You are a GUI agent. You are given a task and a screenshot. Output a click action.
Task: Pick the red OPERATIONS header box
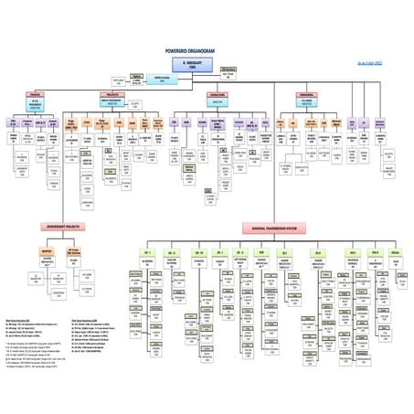point(216,93)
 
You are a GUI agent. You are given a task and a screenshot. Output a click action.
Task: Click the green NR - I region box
point(147,252)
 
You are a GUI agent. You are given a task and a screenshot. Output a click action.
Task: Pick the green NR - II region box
point(172,252)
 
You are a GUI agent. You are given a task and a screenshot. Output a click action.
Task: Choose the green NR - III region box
point(197,252)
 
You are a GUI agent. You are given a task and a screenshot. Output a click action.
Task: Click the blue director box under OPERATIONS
point(216,102)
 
